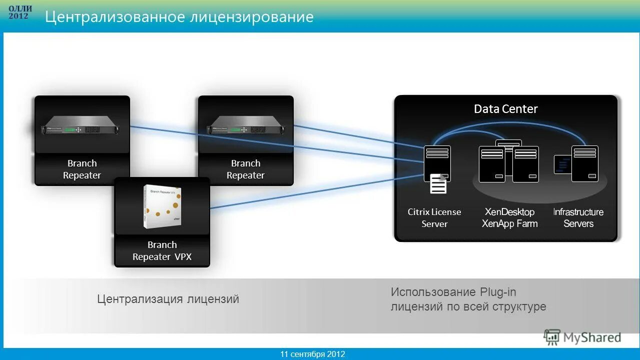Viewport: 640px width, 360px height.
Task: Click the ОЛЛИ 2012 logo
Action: click(x=19, y=12)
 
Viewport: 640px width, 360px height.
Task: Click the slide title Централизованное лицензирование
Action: click(x=179, y=17)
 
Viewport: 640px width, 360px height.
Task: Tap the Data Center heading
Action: click(x=505, y=109)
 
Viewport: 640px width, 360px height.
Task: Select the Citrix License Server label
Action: click(x=434, y=218)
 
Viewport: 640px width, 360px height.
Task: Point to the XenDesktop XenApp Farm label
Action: click(x=509, y=218)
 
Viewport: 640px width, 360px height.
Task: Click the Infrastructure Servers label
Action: click(x=578, y=218)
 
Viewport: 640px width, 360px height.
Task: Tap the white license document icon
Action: click(x=438, y=184)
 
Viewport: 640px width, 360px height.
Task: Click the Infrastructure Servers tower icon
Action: click(x=584, y=163)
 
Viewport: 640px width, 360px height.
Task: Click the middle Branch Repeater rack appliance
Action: click(x=245, y=125)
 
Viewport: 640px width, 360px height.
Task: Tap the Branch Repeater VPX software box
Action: click(x=162, y=206)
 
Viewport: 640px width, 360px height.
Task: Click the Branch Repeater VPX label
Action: click(x=162, y=251)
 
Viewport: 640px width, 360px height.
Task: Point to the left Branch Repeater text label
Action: click(x=82, y=169)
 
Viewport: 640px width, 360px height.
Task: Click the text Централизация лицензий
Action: click(x=168, y=299)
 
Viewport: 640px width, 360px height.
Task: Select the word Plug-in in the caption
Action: click(x=497, y=292)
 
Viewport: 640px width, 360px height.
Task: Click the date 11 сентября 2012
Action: click(x=312, y=354)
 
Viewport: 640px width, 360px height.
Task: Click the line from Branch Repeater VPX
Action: click(x=310, y=191)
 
